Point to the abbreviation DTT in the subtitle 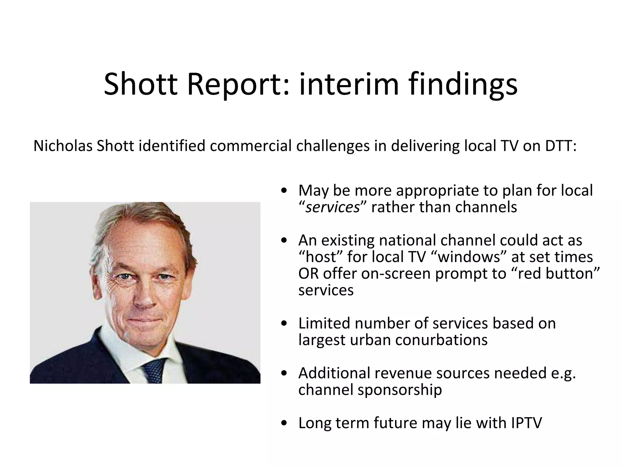[560, 146]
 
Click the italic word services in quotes [332, 207]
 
